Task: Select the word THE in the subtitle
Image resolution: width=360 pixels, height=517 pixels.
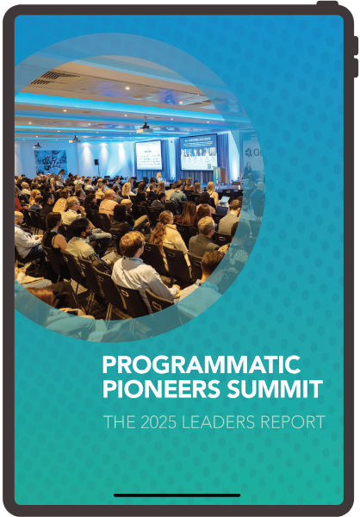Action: (x=115, y=422)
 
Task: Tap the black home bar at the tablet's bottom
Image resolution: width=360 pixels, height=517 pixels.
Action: (x=178, y=495)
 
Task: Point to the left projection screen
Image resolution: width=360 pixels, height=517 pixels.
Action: (x=148, y=154)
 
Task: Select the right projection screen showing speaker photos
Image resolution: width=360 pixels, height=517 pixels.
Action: (x=198, y=151)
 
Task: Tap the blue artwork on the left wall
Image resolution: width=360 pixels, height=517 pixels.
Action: (x=51, y=161)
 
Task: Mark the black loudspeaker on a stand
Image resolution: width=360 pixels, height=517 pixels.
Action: (x=96, y=163)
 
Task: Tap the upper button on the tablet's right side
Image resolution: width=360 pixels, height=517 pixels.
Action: (x=355, y=45)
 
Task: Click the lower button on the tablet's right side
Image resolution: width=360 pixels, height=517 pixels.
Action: (x=355, y=68)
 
